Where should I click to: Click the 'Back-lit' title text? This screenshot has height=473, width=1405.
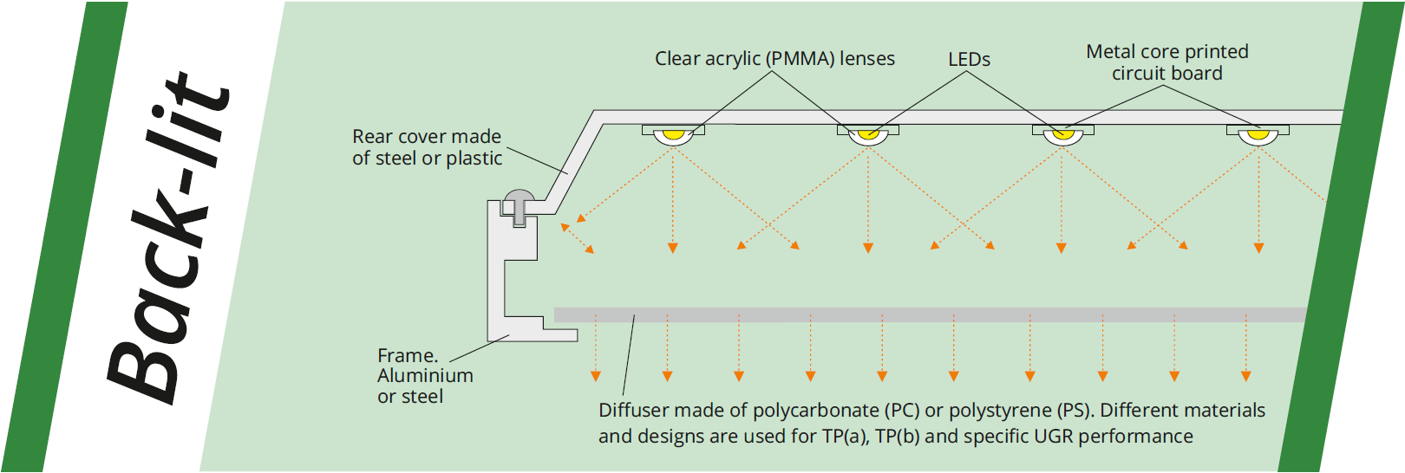169,238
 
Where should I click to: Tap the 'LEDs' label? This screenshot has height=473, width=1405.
969,60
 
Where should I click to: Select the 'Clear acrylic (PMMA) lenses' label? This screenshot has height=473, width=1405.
774,59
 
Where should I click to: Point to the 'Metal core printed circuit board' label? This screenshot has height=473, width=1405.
1167,62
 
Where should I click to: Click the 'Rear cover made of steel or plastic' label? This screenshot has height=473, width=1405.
427,147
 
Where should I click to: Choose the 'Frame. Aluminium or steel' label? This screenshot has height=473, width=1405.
425,376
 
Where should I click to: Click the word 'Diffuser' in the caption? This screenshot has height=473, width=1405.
634,411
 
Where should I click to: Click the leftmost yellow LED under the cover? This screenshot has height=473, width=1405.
673,134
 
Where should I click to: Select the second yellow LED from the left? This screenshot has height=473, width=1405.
867,134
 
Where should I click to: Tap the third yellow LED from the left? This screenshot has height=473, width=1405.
1062,134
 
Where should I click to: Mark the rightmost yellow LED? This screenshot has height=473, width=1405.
1258,134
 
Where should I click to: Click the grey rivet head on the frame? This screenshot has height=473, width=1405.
520,198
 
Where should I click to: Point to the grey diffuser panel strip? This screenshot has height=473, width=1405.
928,314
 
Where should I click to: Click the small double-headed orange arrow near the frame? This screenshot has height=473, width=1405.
578,239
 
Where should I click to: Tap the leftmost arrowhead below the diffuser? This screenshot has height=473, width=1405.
596,376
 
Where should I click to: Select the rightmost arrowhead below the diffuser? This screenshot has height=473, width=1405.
1245,376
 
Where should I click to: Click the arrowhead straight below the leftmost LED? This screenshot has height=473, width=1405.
673,249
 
